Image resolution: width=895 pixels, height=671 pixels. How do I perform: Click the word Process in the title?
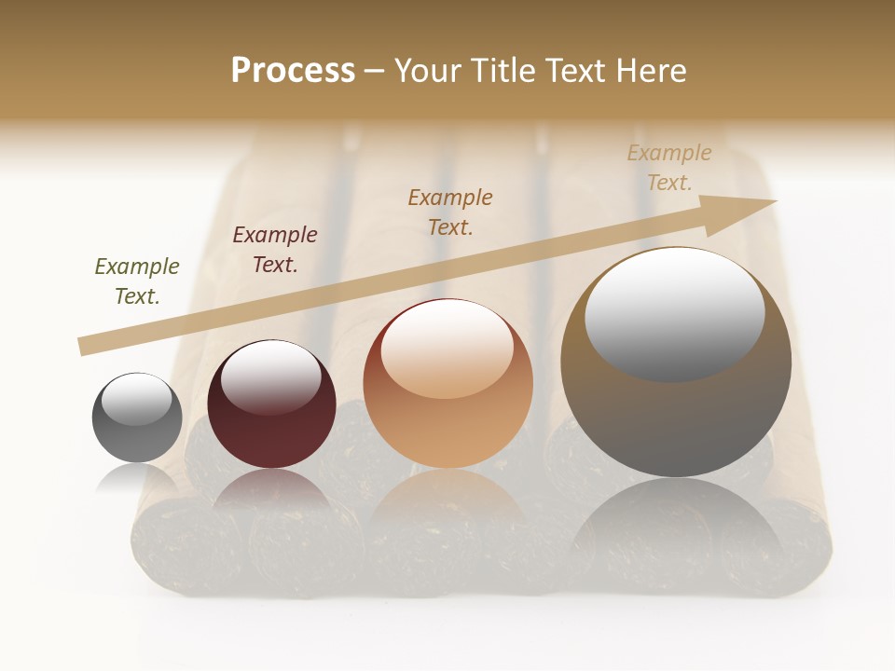(x=293, y=71)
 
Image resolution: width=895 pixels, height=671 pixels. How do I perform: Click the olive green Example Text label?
(x=136, y=281)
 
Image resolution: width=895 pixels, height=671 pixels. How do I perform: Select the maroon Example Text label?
(x=274, y=249)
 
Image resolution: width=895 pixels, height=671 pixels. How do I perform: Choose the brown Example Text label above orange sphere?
(x=450, y=212)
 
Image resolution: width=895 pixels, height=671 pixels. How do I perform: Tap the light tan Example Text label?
(x=668, y=168)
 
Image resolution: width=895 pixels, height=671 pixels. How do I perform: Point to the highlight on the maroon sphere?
(x=270, y=376)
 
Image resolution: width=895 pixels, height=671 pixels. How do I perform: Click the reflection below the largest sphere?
(x=676, y=531)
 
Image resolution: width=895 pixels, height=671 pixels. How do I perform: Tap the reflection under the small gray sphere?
(x=137, y=480)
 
